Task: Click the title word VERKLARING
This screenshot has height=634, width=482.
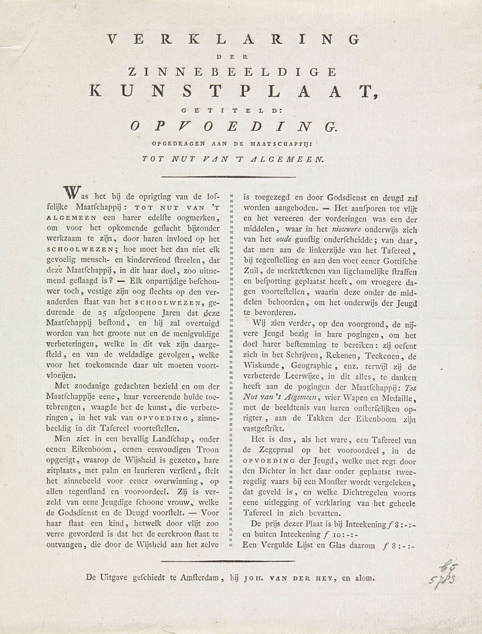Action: pos(233,40)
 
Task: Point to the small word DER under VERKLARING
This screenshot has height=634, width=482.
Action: pos(233,57)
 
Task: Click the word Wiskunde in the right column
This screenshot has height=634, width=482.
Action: pos(259,366)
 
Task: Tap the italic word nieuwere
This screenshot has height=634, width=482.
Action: pos(347,230)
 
